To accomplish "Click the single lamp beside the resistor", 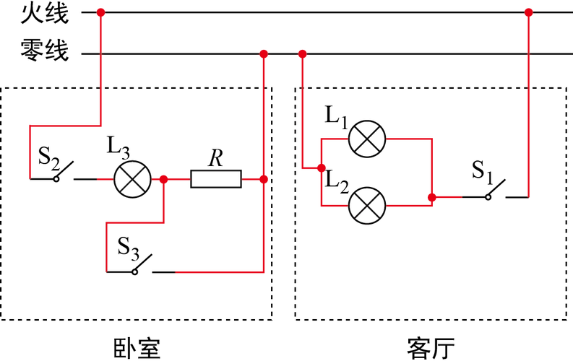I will [x=132, y=178].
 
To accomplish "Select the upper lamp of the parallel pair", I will [x=367, y=138].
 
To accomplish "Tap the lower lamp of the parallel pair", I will [x=367, y=205].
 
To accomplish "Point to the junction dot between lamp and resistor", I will [x=164, y=178].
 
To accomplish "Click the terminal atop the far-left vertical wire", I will [x=100, y=12].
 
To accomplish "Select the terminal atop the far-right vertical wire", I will [x=528, y=12].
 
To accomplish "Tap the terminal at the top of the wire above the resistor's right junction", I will [x=264, y=53].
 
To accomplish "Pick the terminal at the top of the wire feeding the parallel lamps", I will [x=302, y=53].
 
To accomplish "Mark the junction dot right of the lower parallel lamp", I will [x=430, y=196].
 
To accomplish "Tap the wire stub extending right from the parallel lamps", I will [x=448, y=196].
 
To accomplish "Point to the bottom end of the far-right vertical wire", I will [x=528, y=195].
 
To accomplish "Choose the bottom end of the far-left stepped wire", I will [x=29, y=175].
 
